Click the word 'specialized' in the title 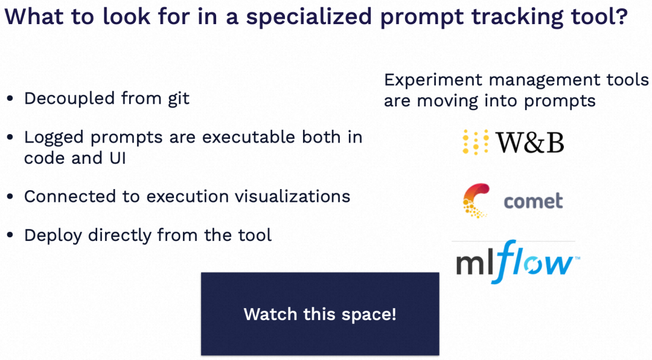pyautogui.click(x=308, y=17)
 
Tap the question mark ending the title pyautogui.click(x=621, y=15)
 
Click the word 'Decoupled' pyautogui.click(x=69, y=99)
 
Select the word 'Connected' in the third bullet pyautogui.click(x=70, y=196)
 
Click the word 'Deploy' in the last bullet pyautogui.click(x=53, y=236)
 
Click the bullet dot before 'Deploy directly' pyautogui.click(x=10, y=235)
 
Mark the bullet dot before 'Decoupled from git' pyautogui.click(x=10, y=99)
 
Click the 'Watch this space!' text pyautogui.click(x=320, y=314)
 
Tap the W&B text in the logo pyautogui.click(x=530, y=143)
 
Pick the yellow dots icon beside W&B pyautogui.click(x=475, y=142)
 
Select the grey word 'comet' pyautogui.click(x=533, y=201)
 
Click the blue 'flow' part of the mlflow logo pyautogui.click(x=535, y=262)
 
